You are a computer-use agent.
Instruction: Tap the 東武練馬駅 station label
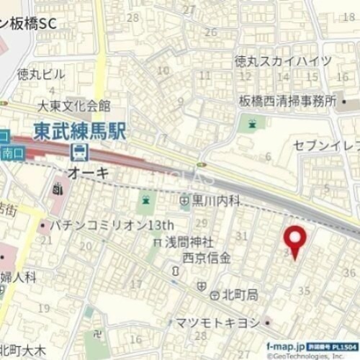[x=79, y=131]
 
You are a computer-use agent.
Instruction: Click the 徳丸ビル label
[x=41, y=74]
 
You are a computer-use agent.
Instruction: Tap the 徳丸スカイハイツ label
[x=283, y=61]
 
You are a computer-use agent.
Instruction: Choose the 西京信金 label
[x=207, y=257]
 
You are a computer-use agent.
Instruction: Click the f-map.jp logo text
[x=287, y=344]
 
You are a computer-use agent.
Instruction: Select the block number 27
[x=189, y=9]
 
